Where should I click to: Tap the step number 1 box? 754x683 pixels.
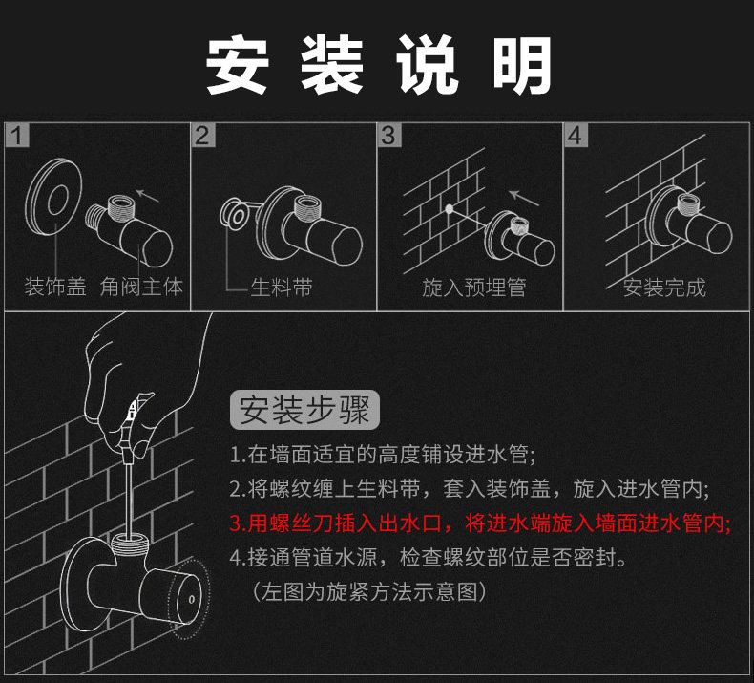(16, 135)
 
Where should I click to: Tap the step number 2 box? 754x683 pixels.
(201, 135)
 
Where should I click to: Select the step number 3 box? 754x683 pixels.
(387, 135)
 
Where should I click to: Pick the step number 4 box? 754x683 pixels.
(574, 135)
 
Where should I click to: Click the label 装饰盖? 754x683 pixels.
(54, 287)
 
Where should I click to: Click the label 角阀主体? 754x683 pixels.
(141, 287)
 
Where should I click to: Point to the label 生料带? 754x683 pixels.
(281, 288)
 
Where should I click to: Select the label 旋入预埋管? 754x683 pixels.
(474, 288)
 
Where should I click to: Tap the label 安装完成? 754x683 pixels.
(664, 288)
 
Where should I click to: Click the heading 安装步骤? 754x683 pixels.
(305, 411)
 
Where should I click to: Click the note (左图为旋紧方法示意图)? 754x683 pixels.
(370, 592)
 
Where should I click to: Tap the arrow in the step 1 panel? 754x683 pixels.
(147, 198)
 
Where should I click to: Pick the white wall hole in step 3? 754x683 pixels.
(447, 207)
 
